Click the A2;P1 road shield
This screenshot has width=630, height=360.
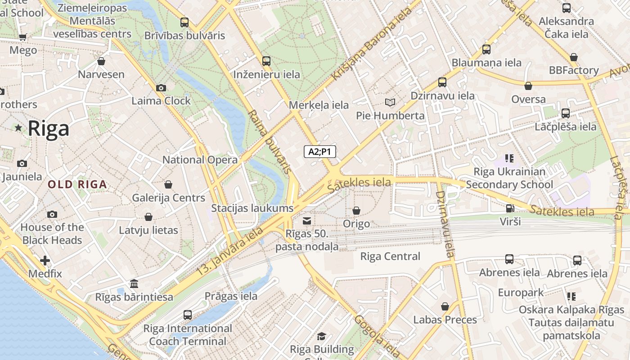coord(319,152)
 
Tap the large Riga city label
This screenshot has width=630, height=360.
coord(49,129)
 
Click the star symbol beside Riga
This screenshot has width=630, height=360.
coord(18,128)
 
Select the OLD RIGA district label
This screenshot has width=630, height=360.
coord(77,184)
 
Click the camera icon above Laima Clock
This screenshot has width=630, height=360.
coord(161,88)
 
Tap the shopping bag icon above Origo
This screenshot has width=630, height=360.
coord(356,211)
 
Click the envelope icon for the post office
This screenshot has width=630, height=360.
coord(307,220)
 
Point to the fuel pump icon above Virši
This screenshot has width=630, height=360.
coord(510,208)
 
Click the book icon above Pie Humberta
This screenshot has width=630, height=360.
coord(390,103)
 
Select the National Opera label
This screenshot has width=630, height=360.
coord(200,160)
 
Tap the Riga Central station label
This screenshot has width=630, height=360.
coord(390,256)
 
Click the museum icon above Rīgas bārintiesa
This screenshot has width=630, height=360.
coord(134,284)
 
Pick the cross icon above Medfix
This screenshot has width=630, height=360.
coord(45,261)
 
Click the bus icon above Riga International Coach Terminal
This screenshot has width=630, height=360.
coord(188,315)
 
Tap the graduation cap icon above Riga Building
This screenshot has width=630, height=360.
coord(321,336)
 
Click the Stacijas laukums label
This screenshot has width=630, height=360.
coord(252,208)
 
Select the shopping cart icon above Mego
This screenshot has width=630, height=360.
coord(23,37)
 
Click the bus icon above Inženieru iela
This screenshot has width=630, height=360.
coord(266,61)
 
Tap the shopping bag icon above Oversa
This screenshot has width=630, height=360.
coord(528,86)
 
